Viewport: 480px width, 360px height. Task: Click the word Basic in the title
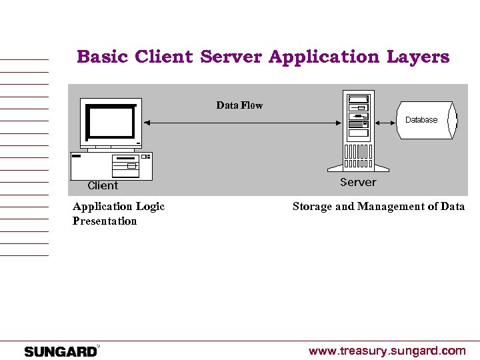(103, 57)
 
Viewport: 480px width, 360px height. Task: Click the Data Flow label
(239, 105)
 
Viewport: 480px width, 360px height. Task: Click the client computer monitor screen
(109, 123)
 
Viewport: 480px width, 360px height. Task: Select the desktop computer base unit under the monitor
(111, 165)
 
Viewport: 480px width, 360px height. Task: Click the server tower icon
(358, 130)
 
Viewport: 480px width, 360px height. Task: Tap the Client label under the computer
(103, 186)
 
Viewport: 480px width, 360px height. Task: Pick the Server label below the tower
(358, 182)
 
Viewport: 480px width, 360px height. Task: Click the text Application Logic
(119, 207)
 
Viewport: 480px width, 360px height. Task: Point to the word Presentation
(105, 221)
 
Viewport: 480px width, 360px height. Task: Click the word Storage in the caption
(312, 207)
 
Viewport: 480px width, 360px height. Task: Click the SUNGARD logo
(61, 351)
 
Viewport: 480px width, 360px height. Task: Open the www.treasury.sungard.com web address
(387, 351)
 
